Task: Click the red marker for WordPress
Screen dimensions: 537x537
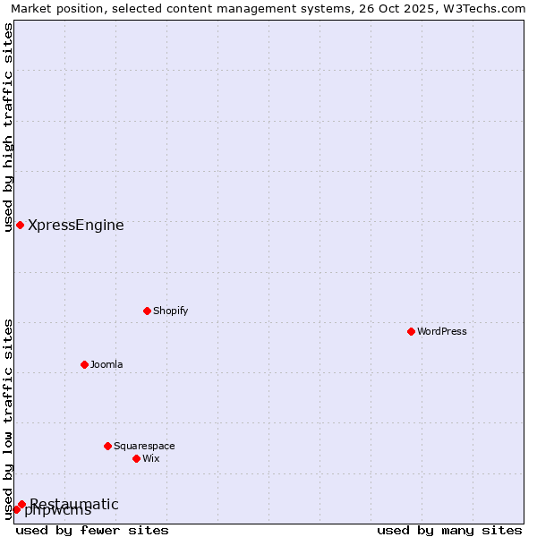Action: click(411, 331)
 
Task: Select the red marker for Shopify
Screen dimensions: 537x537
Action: click(147, 311)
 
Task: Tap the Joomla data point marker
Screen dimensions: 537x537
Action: click(84, 364)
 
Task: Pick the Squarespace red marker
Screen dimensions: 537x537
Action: click(107, 446)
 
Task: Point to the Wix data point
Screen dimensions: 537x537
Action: click(136, 458)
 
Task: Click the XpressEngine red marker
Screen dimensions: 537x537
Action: click(20, 225)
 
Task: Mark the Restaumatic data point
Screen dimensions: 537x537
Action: click(21, 504)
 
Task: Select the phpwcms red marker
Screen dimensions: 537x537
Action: click(16, 509)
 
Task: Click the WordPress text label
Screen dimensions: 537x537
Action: click(442, 331)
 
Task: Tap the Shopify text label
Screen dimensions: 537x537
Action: click(170, 311)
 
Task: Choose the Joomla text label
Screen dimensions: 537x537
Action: click(107, 364)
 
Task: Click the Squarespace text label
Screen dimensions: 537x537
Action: click(144, 446)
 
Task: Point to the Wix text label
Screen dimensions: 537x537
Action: click(150, 458)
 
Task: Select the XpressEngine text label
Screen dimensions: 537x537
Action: click(76, 225)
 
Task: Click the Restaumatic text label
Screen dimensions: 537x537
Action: click(74, 503)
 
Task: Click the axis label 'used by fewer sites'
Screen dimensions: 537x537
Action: click(92, 530)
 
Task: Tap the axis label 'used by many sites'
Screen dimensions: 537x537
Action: click(449, 530)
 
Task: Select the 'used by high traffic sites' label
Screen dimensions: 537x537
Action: click(8, 127)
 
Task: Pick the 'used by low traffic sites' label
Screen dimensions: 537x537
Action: click(8, 418)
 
